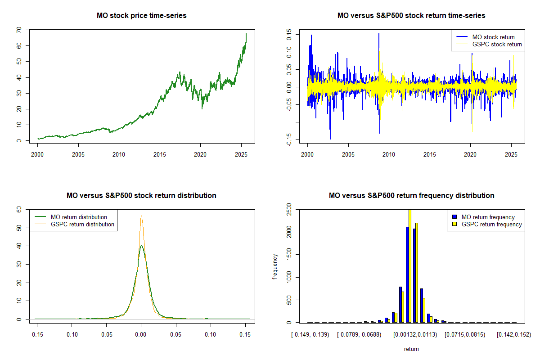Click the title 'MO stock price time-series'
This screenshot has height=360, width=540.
pos(141,16)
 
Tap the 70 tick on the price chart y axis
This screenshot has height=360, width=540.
pos(18,30)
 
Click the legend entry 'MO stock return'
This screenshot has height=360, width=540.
pos(493,37)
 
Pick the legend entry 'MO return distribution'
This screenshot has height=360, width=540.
pos(79,217)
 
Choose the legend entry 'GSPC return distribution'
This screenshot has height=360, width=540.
pos(82,224)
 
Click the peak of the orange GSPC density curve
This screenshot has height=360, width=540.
pos(141,216)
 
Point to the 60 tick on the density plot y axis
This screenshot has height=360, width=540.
pos(18,209)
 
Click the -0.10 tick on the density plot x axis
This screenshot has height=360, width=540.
pos(72,334)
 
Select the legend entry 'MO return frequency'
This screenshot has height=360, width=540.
pos(488,217)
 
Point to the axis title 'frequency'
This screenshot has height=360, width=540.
pos(275,266)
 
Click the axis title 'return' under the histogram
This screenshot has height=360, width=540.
pos(411,349)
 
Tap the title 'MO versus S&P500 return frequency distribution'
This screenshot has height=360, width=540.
pos(411,196)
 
